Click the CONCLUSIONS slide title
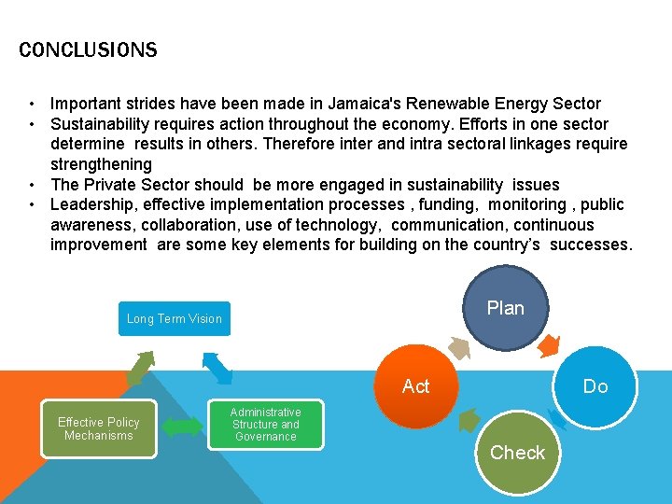pos(88,49)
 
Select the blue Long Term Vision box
pos(175,319)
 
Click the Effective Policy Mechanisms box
pos(99,428)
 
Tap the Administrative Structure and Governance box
pos(265,425)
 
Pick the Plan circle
pos(506,308)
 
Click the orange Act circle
pos(416,385)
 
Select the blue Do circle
pos(595,385)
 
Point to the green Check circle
pos(517,453)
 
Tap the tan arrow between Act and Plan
pos(458,347)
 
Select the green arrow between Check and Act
pos(469,418)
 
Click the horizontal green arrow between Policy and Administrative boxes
pos(182,427)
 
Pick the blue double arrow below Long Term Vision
pos(217,367)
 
